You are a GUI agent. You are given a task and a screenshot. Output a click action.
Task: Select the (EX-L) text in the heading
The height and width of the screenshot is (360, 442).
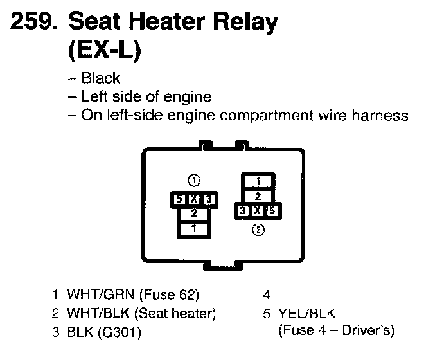pos(103,51)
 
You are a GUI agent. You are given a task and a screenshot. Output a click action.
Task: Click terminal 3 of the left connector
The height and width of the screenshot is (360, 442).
pos(208,201)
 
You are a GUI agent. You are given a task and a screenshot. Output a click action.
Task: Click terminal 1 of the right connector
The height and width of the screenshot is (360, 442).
pos(258,181)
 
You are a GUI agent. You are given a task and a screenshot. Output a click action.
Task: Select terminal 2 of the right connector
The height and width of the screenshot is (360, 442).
pos(258,195)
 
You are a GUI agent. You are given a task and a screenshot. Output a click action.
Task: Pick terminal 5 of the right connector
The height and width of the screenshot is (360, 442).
pos(273,210)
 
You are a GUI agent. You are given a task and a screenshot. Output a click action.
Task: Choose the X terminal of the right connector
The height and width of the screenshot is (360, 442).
pos(258,210)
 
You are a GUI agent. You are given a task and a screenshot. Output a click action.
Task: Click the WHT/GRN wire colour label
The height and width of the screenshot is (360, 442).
pos(93,296)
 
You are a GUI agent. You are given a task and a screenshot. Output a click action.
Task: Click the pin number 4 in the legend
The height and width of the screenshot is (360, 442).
pos(267,296)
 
